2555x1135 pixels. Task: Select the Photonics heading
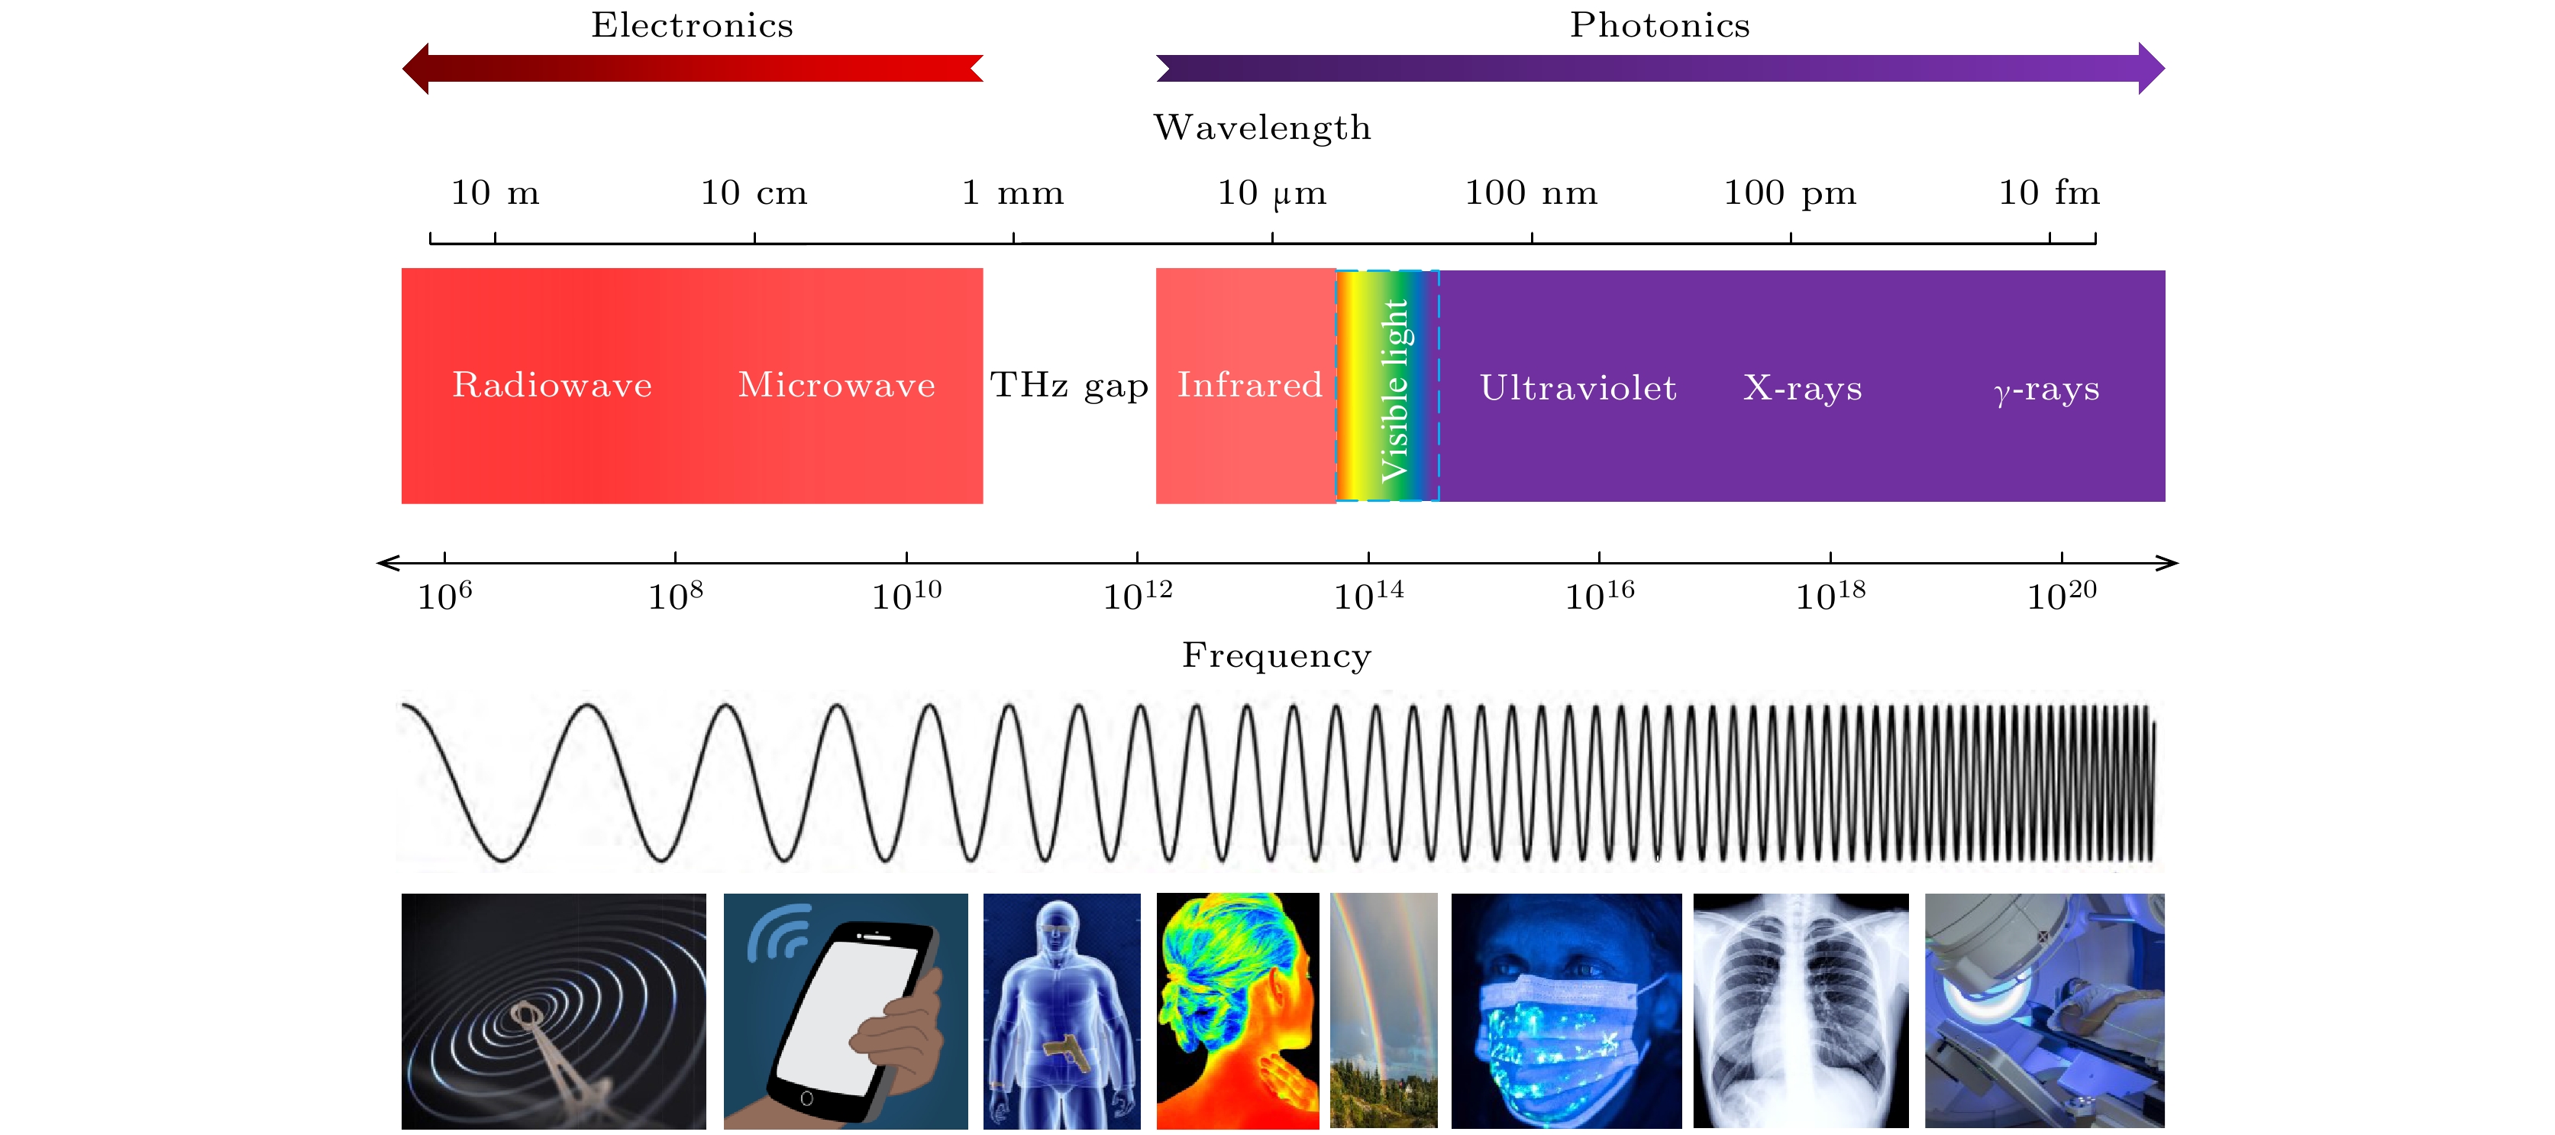coord(1659,24)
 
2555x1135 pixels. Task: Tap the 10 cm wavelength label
coord(754,192)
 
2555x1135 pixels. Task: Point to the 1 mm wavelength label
coord(1013,192)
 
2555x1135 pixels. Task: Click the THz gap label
coord(1069,385)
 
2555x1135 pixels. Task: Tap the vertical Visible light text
coord(1394,389)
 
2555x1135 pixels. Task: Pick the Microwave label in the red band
coord(836,385)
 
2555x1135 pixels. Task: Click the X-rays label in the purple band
coord(1802,388)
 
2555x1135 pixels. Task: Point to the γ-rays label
coord(2046,389)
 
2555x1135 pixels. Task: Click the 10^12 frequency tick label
coord(1137,595)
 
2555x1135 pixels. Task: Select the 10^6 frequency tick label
coord(444,595)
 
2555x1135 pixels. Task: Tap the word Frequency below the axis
coord(1277,656)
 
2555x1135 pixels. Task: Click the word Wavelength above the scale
coord(1261,128)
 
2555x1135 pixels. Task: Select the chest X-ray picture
coord(1801,1010)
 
